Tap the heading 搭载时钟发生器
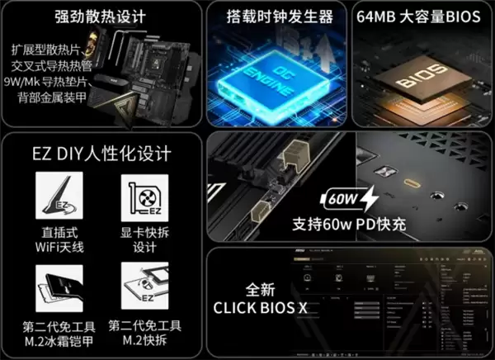(279, 17)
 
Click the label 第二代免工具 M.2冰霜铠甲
(56, 332)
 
